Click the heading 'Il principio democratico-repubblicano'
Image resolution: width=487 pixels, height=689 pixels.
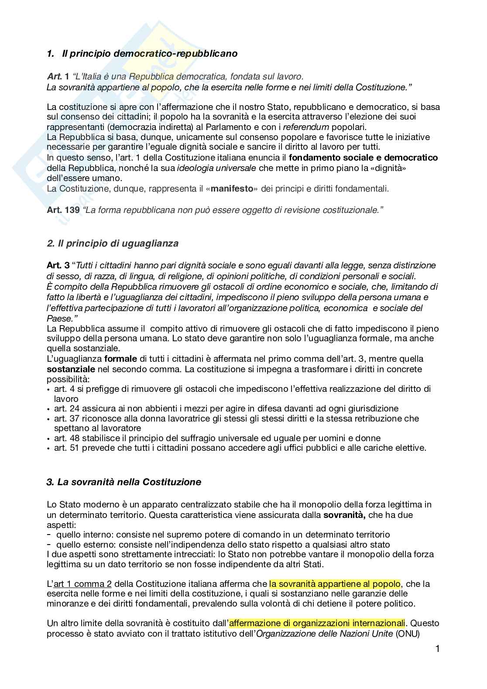tap(150, 54)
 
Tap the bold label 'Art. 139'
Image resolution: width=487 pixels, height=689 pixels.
tap(63, 210)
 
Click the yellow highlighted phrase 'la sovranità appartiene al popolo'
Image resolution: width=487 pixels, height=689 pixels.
tap(335, 584)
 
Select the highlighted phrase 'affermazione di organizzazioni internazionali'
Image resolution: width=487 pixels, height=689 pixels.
tap(317, 623)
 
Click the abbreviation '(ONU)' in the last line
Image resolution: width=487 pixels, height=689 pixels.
tap(407, 633)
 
